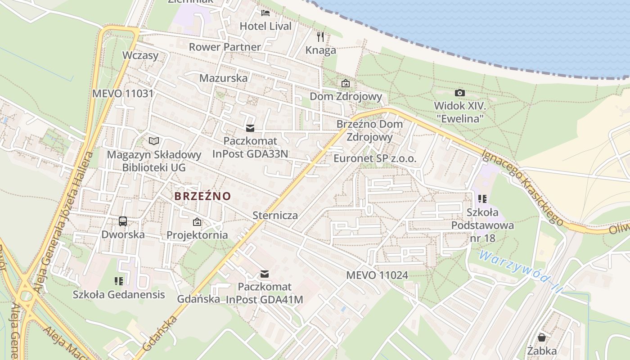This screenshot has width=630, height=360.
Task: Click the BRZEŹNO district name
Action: click(x=202, y=196)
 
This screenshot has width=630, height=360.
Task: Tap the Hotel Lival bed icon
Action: click(x=265, y=13)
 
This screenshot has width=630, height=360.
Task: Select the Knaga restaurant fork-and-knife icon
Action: click(x=320, y=36)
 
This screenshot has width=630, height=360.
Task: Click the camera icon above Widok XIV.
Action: click(x=459, y=93)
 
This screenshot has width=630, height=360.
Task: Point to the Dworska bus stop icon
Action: click(x=122, y=221)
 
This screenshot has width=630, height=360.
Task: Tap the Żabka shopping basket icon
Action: click(x=542, y=337)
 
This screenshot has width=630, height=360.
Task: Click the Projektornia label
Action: click(x=197, y=235)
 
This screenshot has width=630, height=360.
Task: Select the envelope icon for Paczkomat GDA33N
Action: click(x=250, y=128)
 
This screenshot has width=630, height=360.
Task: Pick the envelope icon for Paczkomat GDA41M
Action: click(x=265, y=274)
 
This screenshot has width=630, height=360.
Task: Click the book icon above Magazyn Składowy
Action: click(x=154, y=141)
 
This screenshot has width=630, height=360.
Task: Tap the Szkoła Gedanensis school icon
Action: click(x=119, y=281)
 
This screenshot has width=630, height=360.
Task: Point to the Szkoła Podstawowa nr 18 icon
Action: click(x=482, y=198)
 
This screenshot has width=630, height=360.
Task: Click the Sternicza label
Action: click(x=275, y=215)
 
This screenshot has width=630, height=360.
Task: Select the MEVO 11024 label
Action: click(x=377, y=275)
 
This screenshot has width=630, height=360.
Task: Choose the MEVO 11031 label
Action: click(x=123, y=94)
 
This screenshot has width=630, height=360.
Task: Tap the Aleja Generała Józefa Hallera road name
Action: click(x=63, y=223)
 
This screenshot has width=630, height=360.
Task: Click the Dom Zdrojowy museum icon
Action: click(x=345, y=83)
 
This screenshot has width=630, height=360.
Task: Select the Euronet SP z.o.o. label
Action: click(x=375, y=158)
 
